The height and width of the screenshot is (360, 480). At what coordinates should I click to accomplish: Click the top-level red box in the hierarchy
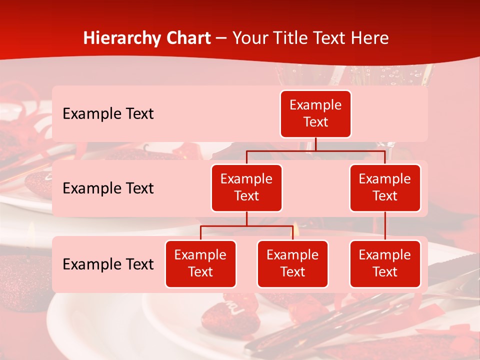[x=315, y=114]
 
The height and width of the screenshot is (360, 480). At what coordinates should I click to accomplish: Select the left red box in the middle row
[x=246, y=188]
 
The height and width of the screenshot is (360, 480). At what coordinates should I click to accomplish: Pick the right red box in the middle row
[x=385, y=188]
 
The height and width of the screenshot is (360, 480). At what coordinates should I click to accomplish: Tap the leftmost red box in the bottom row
[x=200, y=264]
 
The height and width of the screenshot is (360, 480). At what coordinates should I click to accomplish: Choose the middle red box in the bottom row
[x=292, y=264]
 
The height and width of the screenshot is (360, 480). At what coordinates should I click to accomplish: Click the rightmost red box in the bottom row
[x=385, y=264]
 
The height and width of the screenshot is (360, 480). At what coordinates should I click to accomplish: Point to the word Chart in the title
[x=188, y=38]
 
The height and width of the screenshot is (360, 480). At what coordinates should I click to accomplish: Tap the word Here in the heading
[x=370, y=38]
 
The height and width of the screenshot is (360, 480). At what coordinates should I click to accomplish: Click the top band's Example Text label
[x=108, y=114]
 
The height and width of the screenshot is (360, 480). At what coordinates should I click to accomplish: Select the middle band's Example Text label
[x=108, y=188]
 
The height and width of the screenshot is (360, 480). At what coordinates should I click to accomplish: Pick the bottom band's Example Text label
[x=108, y=264]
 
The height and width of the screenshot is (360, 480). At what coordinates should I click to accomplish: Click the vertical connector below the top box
[x=315, y=144]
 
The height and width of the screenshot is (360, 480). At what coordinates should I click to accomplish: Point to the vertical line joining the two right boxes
[x=385, y=226]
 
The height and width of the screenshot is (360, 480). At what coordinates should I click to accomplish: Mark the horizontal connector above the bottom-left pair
[x=246, y=226]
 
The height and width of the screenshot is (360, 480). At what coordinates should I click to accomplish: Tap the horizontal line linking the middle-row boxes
[x=315, y=150]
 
